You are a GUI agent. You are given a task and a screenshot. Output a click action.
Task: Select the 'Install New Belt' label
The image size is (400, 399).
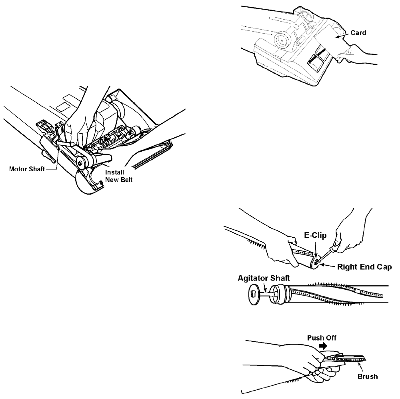click(118, 176)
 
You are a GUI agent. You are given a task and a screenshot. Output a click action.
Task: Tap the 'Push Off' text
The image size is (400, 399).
click(322, 338)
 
